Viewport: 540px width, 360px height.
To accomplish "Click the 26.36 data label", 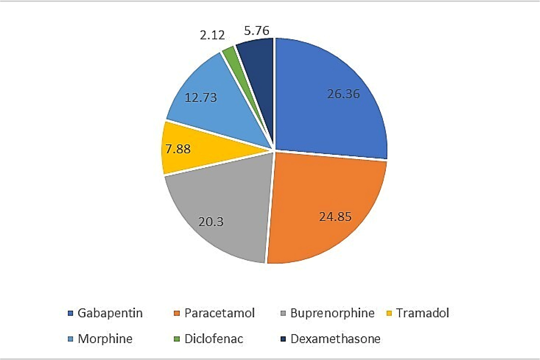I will (x=343, y=94).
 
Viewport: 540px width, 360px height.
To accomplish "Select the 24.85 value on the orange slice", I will (x=335, y=217).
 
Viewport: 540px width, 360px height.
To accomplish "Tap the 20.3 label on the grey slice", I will (x=211, y=222).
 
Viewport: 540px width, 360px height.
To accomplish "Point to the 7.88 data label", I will (x=178, y=149).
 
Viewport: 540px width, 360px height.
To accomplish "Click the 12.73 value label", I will (x=200, y=98).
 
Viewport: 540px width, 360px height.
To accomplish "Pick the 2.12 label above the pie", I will (x=212, y=35).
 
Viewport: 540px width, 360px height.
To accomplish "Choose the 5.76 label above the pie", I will (x=257, y=31).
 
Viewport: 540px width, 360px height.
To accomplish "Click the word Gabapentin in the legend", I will (x=110, y=313).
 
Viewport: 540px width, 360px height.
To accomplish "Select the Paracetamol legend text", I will (x=220, y=313).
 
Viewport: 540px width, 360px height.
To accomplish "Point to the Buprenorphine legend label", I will (x=332, y=313).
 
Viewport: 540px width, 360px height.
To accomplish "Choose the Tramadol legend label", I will (x=422, y=313).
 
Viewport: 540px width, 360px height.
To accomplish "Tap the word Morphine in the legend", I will (x=105, y=339).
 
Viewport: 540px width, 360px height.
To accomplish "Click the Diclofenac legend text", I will (x=214, y=339).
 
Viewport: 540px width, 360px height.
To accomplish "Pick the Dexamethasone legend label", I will (x=335, y=339).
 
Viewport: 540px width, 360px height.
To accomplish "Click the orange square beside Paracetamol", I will (x=176, y=313).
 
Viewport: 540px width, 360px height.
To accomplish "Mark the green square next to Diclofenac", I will (x=176, y=339).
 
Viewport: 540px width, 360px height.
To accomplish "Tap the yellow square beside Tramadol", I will (x=389, y=313).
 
